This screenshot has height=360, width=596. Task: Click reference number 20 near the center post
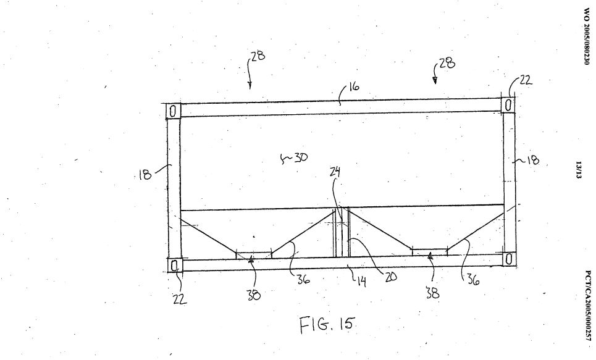tap(390, 277)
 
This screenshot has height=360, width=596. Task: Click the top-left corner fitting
tap(174, 111)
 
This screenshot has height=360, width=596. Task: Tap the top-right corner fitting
tap(508, 104)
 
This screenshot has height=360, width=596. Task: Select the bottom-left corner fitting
tap(175, 266)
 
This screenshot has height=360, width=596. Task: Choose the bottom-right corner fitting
tap(508, 259)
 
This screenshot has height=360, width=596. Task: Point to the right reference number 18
tap(531, 161)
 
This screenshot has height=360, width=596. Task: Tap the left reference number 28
tap(258, 56)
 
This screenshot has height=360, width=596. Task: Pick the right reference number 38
tap(432, 293)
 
